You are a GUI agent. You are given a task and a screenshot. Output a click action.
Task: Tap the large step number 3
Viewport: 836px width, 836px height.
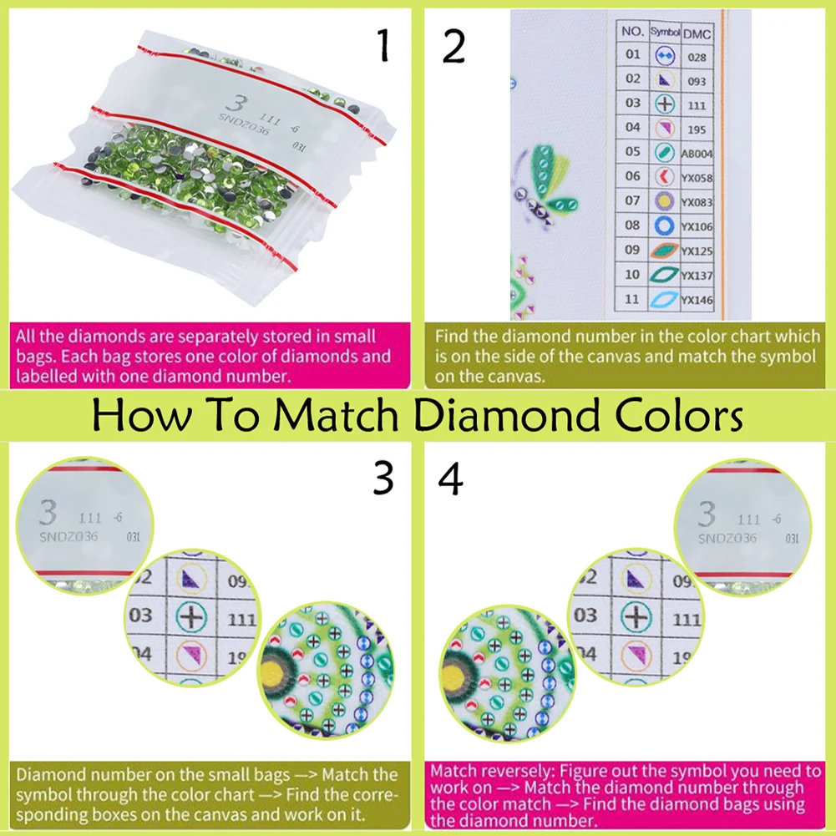pyautogui.click(x=383, y=479)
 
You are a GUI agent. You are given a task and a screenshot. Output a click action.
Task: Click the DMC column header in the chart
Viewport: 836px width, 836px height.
pyautogui.click(x=697, y=33)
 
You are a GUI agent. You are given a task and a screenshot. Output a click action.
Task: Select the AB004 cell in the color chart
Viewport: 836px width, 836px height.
pyautogui.click(x=697, y=154)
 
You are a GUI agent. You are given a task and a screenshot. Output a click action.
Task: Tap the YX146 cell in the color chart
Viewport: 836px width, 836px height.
pyautogui.click(x=695, y=300)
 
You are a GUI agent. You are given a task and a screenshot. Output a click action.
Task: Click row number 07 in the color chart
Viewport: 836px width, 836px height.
pyautogui.click(x=633, y=201)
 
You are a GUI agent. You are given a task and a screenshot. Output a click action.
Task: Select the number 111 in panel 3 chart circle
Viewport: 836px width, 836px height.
pyautogui.click(x=241, y=619)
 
